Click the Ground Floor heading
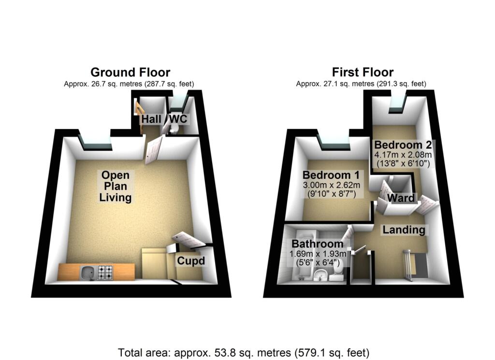click(x=130, y=72)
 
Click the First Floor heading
click(x=363, y=72)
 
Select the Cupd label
click(x=190, y=261)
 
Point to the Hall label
click(x=151, y=119)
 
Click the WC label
click(x=177, y=119)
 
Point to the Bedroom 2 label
click(x=403, y=144)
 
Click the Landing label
click(x=404, y=230)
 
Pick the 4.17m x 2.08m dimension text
click(x=403, y=155)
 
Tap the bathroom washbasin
click(x=320, y=275)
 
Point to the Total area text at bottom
click(x=244, y=352)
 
